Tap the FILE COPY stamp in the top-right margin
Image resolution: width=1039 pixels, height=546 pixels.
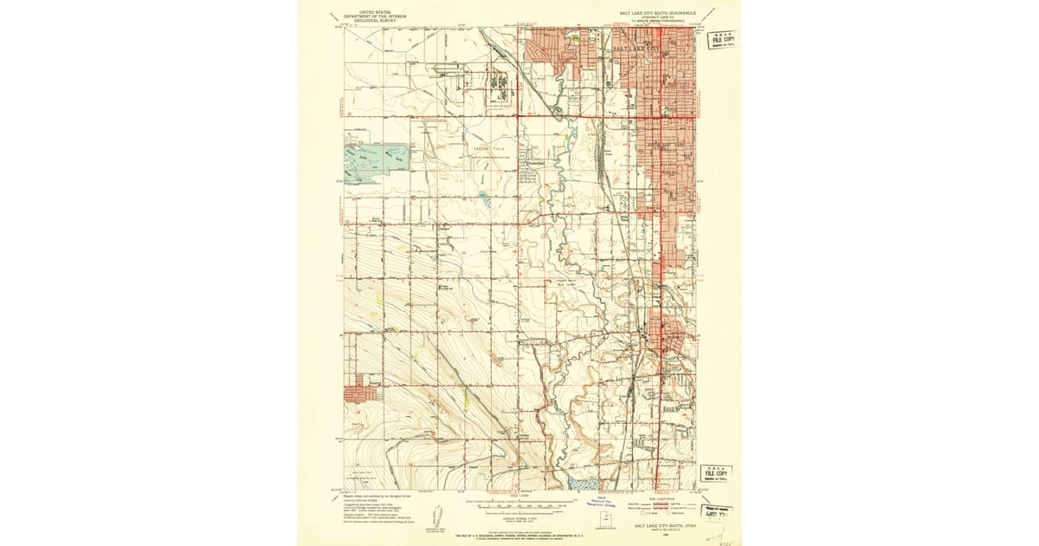point(721,40)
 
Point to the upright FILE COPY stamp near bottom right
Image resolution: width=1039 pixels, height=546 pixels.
point(716,473)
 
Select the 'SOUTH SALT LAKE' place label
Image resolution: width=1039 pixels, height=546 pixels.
point(666,144)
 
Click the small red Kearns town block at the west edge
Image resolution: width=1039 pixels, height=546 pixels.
point(362,394)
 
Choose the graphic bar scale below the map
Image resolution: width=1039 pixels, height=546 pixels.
point(519,503)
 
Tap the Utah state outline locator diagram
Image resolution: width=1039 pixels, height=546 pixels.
point(608,519)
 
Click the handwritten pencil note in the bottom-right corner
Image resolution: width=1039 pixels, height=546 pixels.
point(719,536)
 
